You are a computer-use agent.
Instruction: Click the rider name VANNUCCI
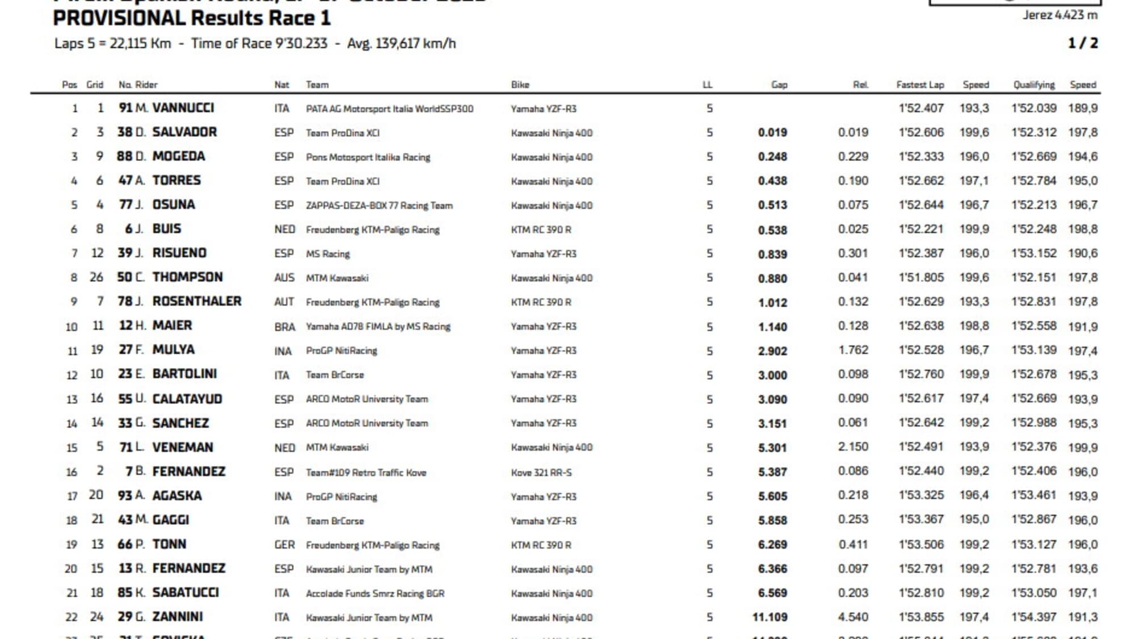[x=183, y=108]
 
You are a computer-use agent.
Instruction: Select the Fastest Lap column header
[x=920, y=85]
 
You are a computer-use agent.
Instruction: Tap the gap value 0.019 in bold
[x=772, y=132]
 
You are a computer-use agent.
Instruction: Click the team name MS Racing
[x=327, y=254]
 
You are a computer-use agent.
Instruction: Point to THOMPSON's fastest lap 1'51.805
[x=920, y=277]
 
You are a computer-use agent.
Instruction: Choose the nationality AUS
[x=284, y=278]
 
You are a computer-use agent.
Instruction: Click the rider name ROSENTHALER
[x=196, y=301]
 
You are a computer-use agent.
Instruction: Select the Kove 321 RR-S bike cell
[x=541, y=472]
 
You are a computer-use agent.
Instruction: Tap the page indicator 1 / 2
[x=1082, y=43]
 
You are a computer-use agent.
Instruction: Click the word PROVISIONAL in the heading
[x=119, y=19]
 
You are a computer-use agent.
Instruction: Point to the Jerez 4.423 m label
[x=1060, y=15]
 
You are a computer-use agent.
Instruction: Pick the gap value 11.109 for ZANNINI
[x=770, y=617]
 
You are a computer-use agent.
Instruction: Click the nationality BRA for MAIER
[x=284, y=327]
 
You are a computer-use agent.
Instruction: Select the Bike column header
[x=520, y=85]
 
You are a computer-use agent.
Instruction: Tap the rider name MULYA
[x=173, y=350]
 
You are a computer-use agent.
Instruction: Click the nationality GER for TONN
[x=284, y=545]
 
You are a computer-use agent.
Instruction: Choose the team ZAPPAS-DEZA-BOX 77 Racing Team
[x=379, y=206]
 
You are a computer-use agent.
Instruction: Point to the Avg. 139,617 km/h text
[x=401, y=44]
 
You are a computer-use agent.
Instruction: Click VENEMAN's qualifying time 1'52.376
[x=1033, y=447]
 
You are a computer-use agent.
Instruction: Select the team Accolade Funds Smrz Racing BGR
[x=375, y=594]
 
